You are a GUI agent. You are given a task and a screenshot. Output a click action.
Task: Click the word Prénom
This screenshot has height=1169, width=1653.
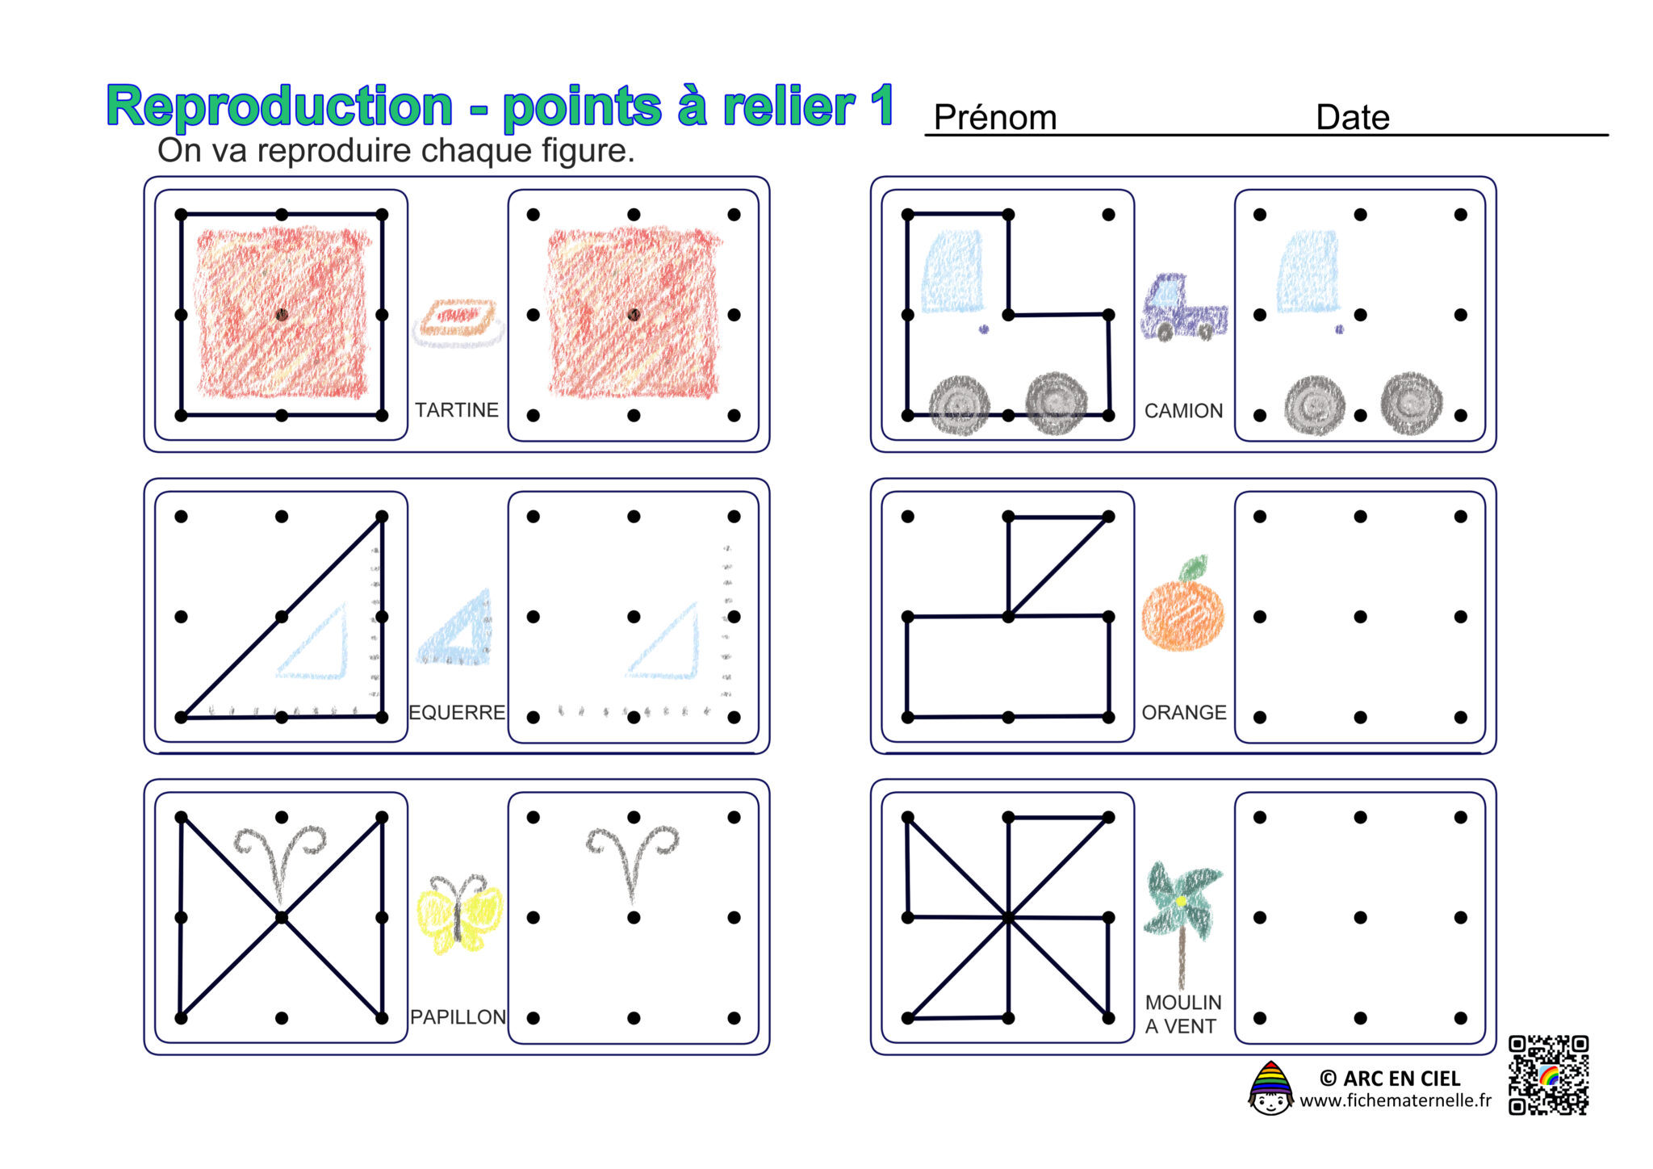tap(994, 118)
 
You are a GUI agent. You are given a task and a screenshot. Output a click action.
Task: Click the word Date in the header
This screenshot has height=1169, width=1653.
tap(1353, 117)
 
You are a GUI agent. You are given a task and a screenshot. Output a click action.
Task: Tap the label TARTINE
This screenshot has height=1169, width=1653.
tap(457, 410)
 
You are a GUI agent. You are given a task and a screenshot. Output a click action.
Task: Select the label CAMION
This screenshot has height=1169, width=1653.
tap(1183, 411)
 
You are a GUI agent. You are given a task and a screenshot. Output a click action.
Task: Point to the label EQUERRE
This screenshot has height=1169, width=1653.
tap(457, 713)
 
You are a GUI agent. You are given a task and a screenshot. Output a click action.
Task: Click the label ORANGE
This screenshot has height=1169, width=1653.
tap(1184, 713)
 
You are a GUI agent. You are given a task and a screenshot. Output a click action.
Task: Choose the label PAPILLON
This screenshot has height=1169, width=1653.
tap(458, 1017)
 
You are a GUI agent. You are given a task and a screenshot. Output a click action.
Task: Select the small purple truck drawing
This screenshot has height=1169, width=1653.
tap(1184, 308)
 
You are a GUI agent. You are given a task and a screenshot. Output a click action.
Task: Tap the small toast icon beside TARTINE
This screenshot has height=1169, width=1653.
tap(458, 323)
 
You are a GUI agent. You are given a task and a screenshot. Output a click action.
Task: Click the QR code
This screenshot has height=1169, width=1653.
tap(1549, 1075)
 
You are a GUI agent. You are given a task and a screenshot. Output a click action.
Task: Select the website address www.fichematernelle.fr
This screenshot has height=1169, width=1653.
tap(1396, 1100)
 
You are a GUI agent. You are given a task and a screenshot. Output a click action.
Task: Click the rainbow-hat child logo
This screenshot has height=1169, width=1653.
tap(1270, 1088)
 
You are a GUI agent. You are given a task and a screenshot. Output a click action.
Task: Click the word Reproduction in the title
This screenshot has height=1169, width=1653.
tap(279, 107)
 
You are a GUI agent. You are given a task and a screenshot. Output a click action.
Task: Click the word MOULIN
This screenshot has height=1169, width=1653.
tap(1183, 1003)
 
